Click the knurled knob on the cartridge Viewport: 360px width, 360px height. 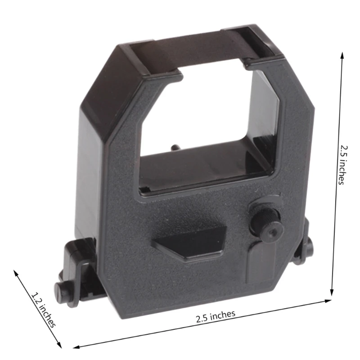(264, 219)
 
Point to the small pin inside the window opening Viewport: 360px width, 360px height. (174, 147)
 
